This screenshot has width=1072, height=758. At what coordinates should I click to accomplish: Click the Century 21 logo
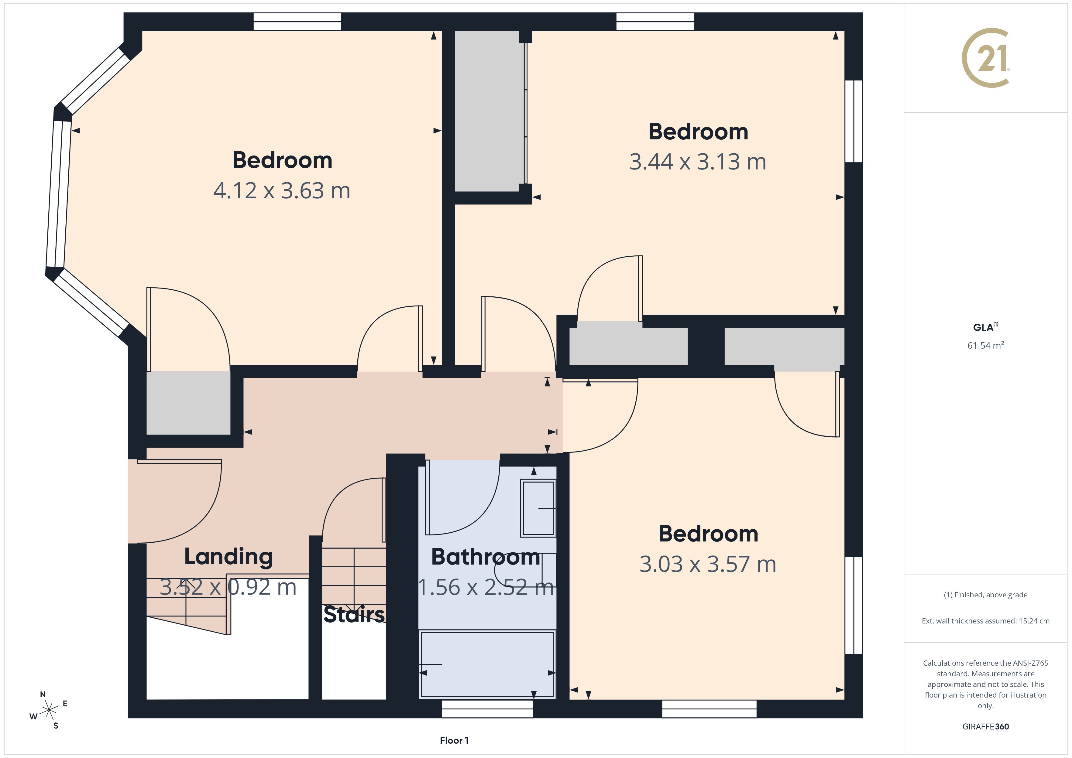click(985, 58)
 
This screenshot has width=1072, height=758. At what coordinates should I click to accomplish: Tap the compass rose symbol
click(49, 710)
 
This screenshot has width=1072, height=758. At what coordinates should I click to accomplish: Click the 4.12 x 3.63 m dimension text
click(282, 190)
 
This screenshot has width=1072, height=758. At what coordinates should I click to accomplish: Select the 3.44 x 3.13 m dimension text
click(698, 162)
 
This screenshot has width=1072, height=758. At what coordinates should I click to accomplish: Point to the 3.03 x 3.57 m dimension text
click(707, 564)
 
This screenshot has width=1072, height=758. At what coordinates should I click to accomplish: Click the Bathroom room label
click(486, 557)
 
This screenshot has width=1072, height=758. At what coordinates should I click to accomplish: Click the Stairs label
click(354, 614)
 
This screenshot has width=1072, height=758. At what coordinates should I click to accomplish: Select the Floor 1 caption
click(454, 740)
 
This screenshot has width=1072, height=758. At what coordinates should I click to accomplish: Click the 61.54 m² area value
click(985, 345)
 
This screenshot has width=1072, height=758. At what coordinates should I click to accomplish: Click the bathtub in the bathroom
click(487, 664)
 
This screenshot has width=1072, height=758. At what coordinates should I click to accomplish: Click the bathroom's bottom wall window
click(487, 708)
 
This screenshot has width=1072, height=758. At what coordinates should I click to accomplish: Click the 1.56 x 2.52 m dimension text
click(486, 587)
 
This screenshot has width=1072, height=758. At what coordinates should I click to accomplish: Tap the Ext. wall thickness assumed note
click(985, 621)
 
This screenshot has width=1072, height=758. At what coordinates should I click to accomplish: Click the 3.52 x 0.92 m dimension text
click(228, 587)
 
